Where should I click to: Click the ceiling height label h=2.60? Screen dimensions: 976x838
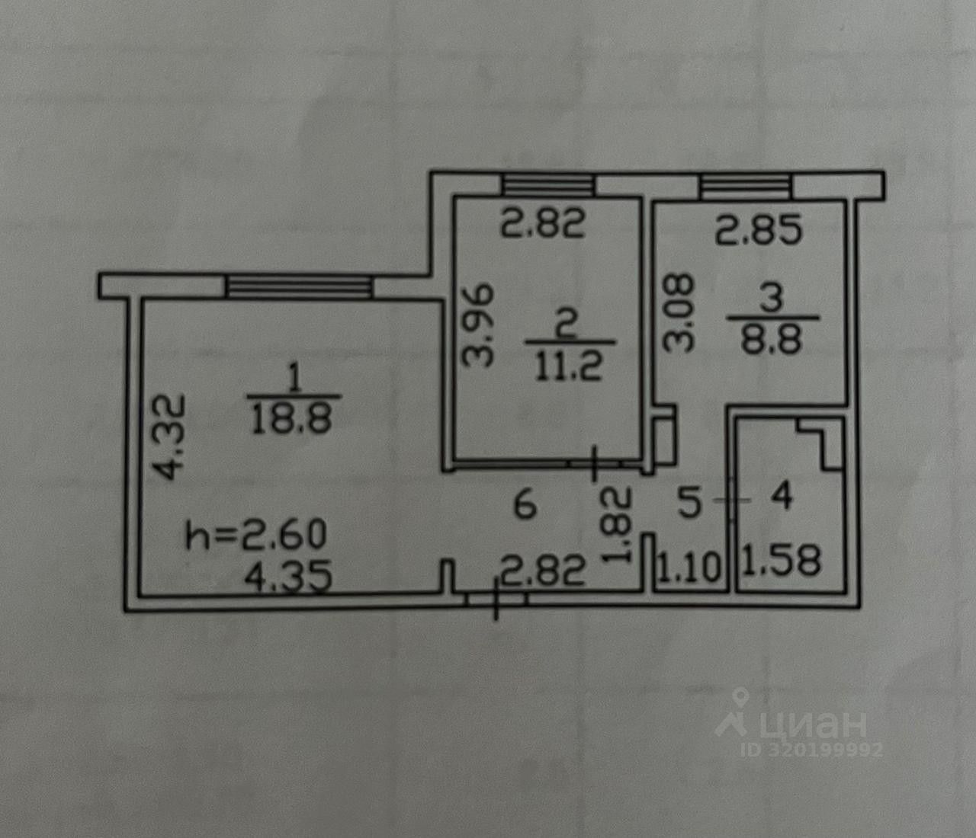pos(257,535)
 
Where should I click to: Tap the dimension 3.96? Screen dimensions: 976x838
pos(482,325)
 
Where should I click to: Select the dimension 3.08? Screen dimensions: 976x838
pos(677,312)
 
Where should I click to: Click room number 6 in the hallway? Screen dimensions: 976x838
pos(525,504)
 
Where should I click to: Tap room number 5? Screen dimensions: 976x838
pos(689,503)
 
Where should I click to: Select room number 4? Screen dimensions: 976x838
pos(782,497)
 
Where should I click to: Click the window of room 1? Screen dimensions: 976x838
pos(299,286)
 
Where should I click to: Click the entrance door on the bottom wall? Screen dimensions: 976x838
pos(496,599)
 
